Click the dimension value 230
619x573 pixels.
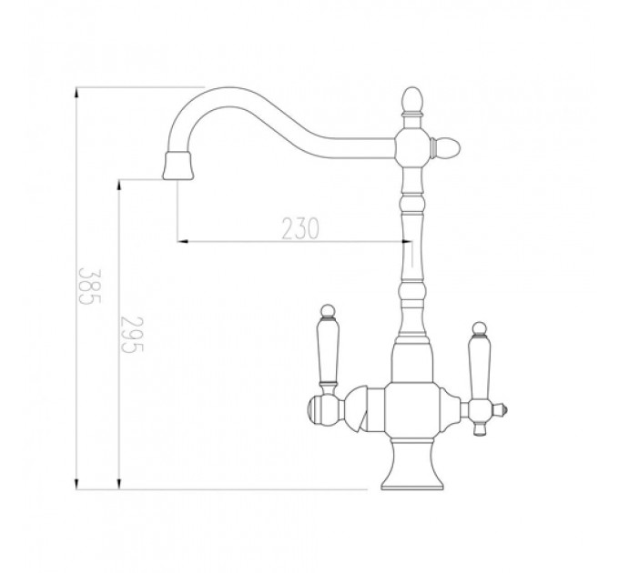pos(300,228)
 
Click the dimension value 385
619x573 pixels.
pos(90,286)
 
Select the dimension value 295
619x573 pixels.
pos(132,334)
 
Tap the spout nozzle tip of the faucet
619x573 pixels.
pos(178,166)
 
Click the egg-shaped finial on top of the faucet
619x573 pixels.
pos(412,100)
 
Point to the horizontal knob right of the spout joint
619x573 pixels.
pos(446,148)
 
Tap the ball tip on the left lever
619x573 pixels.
pos(328,311)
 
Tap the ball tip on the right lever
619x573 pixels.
pos(479,328)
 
